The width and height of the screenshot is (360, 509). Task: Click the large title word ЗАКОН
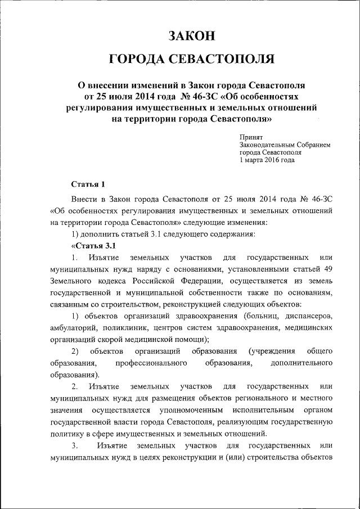(x=192, y=37)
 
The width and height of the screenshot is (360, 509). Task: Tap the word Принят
(x=251, y=137)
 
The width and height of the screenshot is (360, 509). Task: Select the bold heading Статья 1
(x=89, y=184)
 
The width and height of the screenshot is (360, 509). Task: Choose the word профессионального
(x=151, y=363)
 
